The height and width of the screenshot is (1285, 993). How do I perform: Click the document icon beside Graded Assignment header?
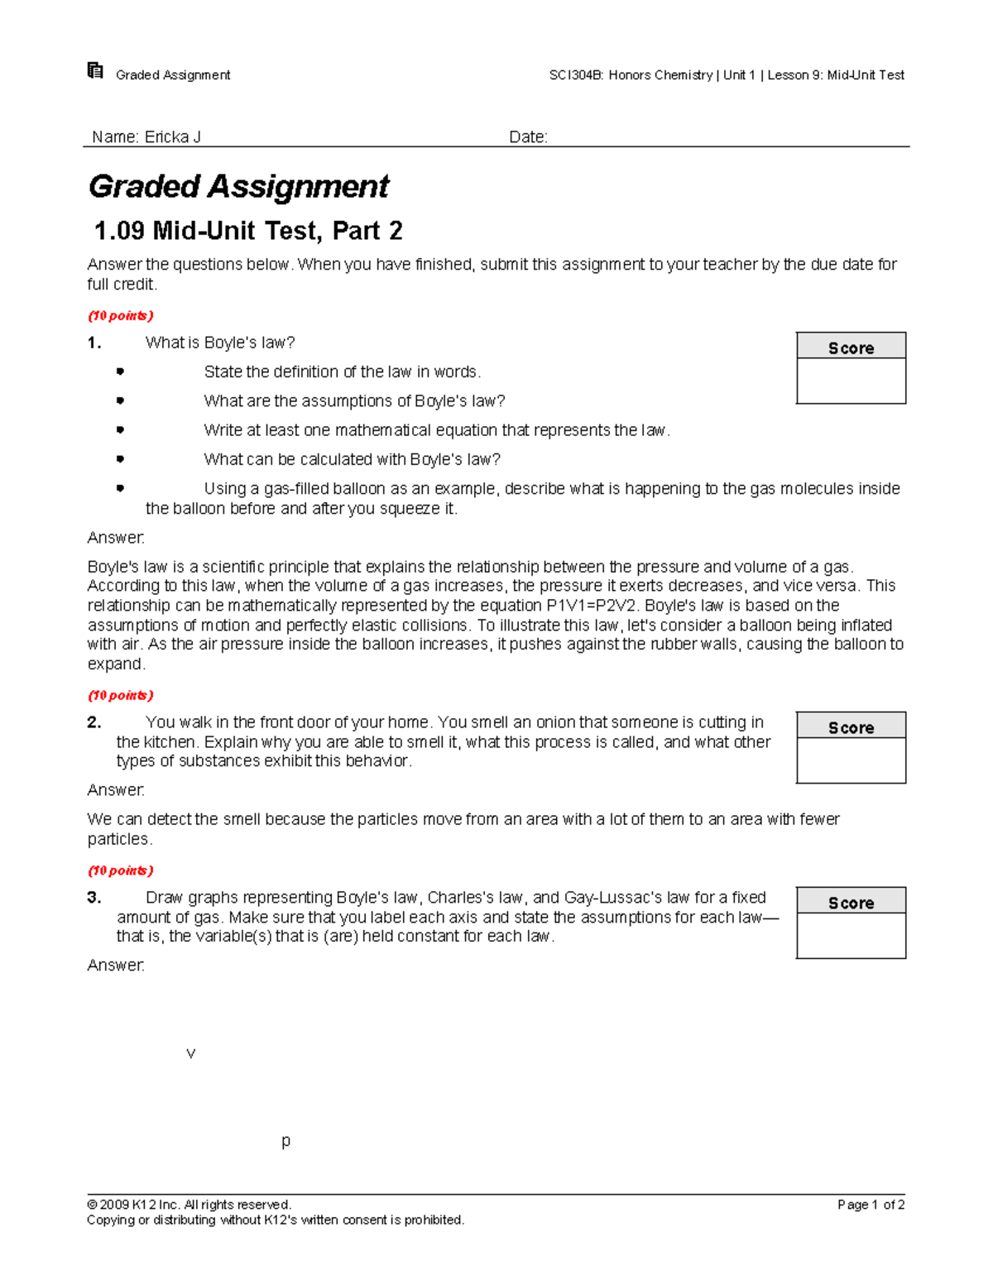pos(95,71)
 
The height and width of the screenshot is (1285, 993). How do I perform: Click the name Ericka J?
pos(172,137)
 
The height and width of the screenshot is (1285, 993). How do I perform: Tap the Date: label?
pos(528,137)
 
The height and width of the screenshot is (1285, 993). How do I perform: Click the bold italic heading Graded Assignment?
pos(238,187)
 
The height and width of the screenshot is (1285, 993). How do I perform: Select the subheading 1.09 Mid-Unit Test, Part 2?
pos(248,231)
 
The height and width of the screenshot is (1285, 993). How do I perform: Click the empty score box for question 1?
pos(851,381)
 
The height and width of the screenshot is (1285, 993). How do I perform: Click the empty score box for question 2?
pos(851,760)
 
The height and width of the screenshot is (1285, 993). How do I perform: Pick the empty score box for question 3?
pos(851,936)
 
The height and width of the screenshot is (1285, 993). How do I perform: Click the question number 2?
pos(94,722)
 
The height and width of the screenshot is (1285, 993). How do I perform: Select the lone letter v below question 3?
pos(191,1053)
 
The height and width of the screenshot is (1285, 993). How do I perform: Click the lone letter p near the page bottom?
pos(285,1141)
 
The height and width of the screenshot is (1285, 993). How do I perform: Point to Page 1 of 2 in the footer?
pos(871,1205)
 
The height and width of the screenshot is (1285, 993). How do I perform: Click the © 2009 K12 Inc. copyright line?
pos(189,1205)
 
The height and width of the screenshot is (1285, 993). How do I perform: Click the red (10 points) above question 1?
pos(121,316)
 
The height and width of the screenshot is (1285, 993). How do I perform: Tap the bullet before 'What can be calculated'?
pos(120,458)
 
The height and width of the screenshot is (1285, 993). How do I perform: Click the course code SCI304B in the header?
pos(576,75)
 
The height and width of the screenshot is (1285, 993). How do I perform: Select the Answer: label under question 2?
pos(116,790)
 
